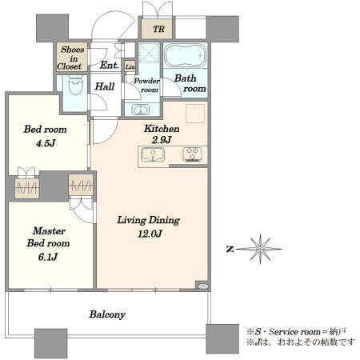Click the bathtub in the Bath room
coord(186,55)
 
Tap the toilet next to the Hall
coord(75,85)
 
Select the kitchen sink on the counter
coord(153,154)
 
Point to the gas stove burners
coord(192,154)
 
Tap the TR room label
coord(158,29)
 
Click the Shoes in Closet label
coord(70,58)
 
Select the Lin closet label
coord(130,66)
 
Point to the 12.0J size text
coord(150,234)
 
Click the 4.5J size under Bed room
coord(46,143)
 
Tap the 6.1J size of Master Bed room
coord(48,257)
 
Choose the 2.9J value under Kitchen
coord(162,140)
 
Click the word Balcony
coord(107,314)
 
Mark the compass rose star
coord(260,249)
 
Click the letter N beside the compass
coord(230,250)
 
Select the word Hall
coord(105,86)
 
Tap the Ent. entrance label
coord(110,65)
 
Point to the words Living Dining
coord(149,220)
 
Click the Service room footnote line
coord(297,332)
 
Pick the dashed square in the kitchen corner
coord(195,113)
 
